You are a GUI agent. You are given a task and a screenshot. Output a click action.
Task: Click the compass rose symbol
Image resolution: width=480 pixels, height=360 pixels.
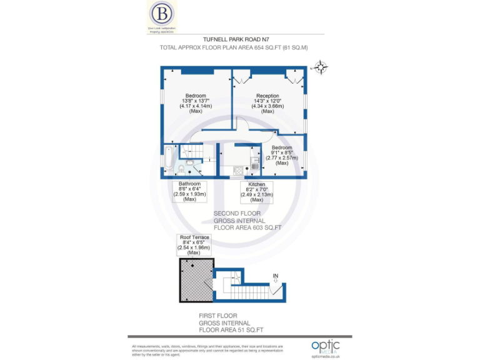pos(321,67)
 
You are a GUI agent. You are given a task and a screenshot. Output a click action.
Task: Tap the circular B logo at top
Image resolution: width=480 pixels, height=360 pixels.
pos(162,13)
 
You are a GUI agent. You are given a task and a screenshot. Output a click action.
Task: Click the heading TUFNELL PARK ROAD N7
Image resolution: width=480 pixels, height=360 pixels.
pos(240,39)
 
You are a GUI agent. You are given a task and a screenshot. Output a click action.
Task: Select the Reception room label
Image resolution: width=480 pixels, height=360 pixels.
pos(267,96)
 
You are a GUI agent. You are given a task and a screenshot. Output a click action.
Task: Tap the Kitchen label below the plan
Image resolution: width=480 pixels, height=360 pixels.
pos(257,184)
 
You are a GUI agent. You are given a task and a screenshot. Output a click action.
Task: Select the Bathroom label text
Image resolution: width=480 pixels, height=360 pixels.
pos(189,184)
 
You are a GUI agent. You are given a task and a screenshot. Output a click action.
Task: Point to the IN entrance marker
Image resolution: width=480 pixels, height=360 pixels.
pos(276,276)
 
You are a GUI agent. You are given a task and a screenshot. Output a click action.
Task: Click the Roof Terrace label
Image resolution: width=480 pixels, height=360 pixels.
pos(194,237)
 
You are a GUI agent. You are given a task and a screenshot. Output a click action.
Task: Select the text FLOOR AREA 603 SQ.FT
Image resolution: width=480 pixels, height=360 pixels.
pos(247,228)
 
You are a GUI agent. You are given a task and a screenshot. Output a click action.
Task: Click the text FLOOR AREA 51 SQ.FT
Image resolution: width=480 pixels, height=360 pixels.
pos(231,329)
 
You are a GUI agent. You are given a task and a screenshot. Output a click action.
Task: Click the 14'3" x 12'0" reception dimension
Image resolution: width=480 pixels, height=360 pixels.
pos(267,101)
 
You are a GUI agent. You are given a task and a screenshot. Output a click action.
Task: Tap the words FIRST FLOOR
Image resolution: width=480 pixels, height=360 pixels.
pos(217,316)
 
